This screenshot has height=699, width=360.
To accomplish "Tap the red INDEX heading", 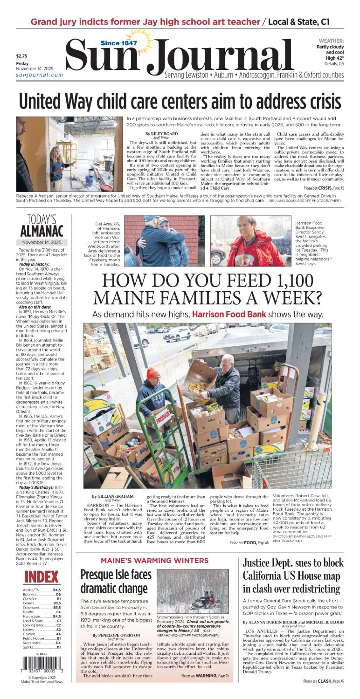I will point(41,576).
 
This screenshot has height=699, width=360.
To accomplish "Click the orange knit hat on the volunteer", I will point(153,373).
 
